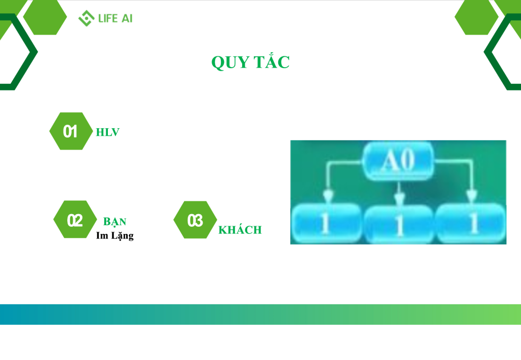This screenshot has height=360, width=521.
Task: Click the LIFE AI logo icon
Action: click(x=86, y=18)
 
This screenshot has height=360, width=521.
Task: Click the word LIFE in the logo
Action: click(x=108, y=18)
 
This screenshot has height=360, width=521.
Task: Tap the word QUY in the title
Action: click(x=230, y=63)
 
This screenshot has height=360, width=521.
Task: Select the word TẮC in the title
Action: click(x=272, y=61)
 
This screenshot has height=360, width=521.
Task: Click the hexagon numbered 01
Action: click(x=71, y=131)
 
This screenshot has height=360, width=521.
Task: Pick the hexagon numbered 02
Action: click(x=75, y=219)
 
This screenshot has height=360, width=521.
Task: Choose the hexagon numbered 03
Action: click(x=195, y=220)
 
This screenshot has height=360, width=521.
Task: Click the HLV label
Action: click(x=108, y=132)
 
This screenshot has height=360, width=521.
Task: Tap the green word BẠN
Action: click(x=114, y=222)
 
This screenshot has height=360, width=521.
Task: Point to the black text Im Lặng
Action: click(x=115, y=235)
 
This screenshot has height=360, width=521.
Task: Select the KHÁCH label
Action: click(x=240, y=230)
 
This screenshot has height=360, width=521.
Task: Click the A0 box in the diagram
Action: click(x=398, y=161)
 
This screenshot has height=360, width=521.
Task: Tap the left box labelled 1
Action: click(x=326, y=223)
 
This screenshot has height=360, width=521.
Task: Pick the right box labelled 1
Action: click(x=471, y=223)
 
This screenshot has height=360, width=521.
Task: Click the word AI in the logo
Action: click(x=127, y=18)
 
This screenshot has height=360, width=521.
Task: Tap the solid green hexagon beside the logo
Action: click(x=45, y=17)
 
